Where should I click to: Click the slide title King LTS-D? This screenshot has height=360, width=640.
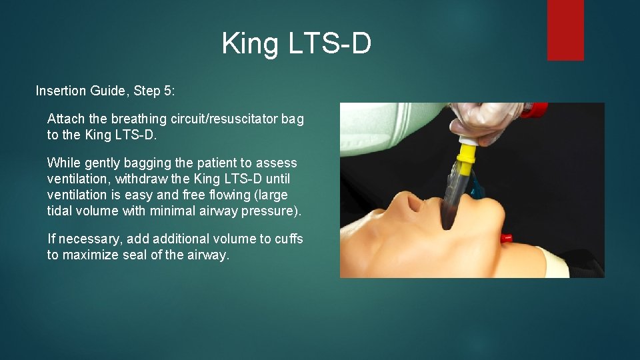pyautogui.click(x=296, y=44)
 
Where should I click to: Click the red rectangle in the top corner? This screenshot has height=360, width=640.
pyautogui.click(x=565, y=30)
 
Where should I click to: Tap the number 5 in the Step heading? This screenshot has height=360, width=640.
pyautogui.click(x=167, y=91)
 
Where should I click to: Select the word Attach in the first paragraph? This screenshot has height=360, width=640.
pyautogui.click(x=66, y=119)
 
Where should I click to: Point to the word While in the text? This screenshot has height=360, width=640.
pyautogui.click(x=63, y=163)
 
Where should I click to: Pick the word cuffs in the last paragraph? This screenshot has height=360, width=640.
pyautogui.click(x=289, y=239)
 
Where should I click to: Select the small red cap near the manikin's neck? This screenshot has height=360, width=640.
pyautogui.click(x=507, y=237)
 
